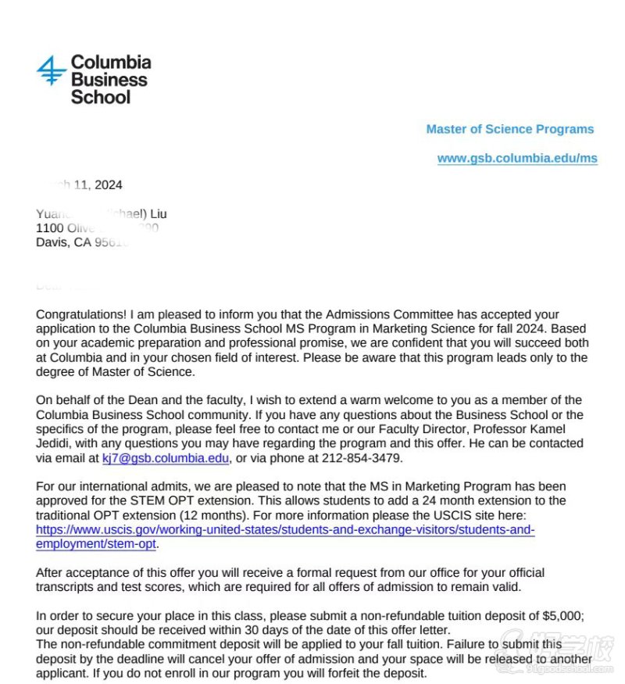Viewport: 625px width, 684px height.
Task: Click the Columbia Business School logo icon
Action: coord(52,70)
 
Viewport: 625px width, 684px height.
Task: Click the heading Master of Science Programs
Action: coord(509,130)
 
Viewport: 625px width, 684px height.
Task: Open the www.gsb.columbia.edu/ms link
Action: coord(517,159)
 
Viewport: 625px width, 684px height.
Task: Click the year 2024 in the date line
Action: coord(108,185)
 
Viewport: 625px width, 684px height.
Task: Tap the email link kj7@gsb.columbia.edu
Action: coord(165,458)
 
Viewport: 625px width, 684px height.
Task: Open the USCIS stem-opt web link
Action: coord(285,537)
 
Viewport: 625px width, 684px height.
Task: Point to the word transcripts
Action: coord(68,587)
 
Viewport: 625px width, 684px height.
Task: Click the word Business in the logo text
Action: coord(109,80)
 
